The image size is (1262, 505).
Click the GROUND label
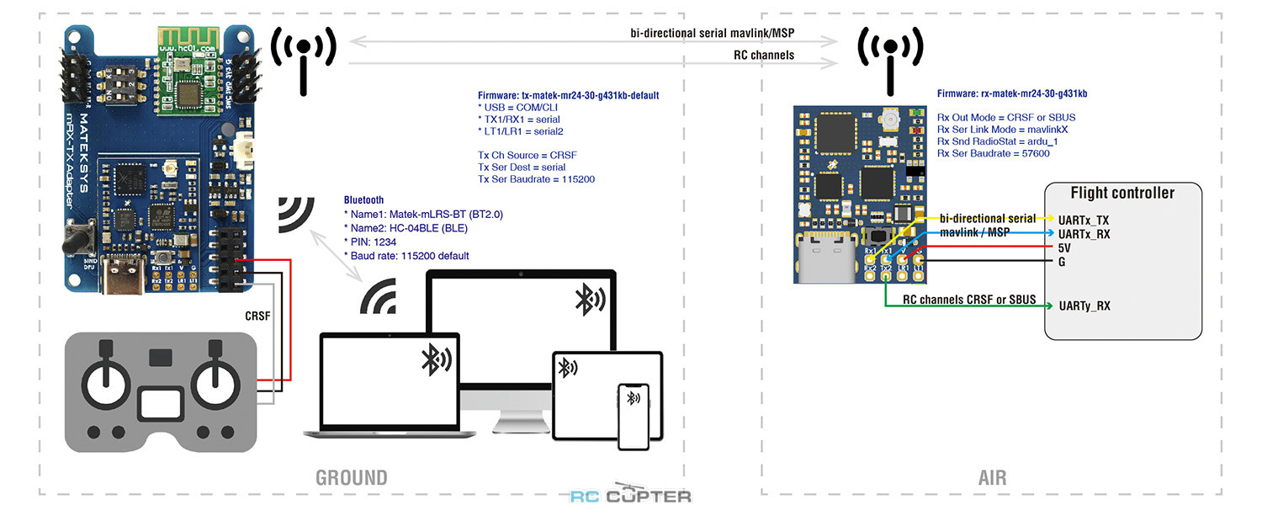pyautogui.click(x=352, y=478)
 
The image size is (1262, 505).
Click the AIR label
pyautogui.click(x=992, y=478)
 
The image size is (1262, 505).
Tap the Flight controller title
pyautogui.click(x=1122, y=193)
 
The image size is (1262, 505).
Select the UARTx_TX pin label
pyautogui.click(x=1085, y=218)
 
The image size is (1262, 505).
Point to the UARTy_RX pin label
pyautogui.click(x=1084, y=306)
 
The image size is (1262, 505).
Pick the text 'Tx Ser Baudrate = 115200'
pyautogui.click(x=537, y=180)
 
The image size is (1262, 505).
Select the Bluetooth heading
pyautogui.click(x=363, y=200)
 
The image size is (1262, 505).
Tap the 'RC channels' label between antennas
pyautogui.click(x=765, y=56)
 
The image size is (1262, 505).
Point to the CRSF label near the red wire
pyautogui.click(x=257, y=316)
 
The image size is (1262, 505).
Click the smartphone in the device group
pyautogui.click(x=635, y=417)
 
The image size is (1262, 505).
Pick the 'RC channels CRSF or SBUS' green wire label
pyautogui.click(x=969, y=300)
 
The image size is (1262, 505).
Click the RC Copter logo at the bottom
pyautogui.click(x=631, y=495)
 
